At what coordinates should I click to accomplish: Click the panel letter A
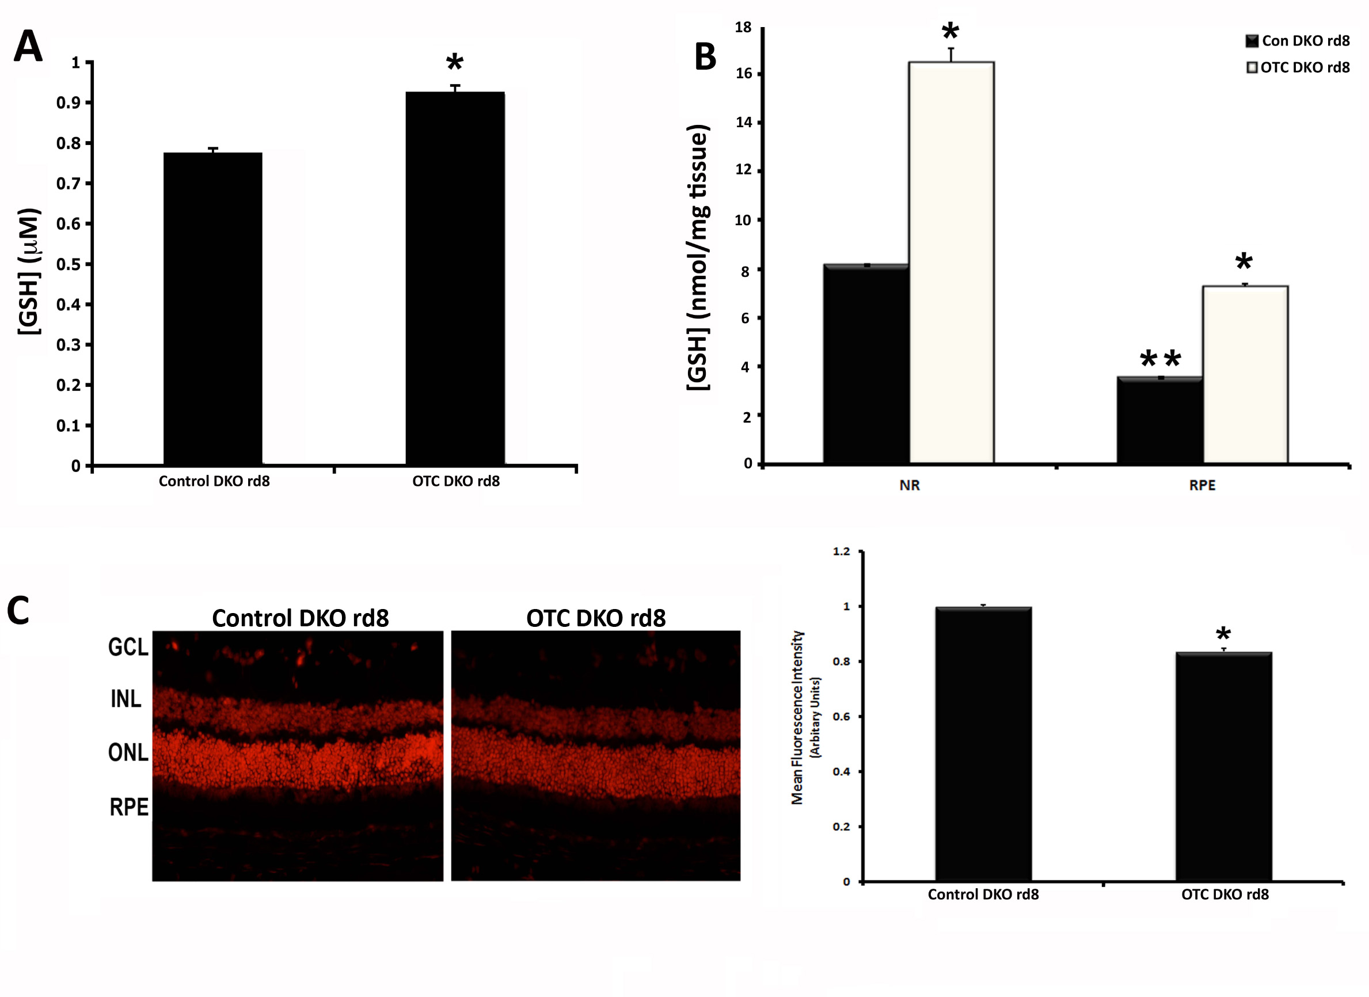[28, 47]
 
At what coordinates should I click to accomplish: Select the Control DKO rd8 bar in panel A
[212, 308]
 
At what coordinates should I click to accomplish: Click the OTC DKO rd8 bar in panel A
[455, 277]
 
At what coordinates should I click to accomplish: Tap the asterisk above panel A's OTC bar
[455, 62]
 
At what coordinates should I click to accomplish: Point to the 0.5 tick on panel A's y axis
[68, 264]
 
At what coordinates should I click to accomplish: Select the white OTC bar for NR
[951, 262]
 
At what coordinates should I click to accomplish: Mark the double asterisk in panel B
[1160, 360]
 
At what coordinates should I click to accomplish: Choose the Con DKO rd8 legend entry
[1298, 41]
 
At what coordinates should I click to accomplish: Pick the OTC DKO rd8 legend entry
[1298, 67]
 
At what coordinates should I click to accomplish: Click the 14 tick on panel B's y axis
[744, 123]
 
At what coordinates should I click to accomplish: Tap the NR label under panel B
[909, 485]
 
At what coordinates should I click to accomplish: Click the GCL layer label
[128, 647]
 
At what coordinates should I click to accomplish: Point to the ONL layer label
[128, 752]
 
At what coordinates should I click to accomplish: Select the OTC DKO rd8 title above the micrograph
[596, 618]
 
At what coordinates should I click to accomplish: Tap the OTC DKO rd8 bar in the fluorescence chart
[1223, 767]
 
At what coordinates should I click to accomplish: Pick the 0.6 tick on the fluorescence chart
[841, 716]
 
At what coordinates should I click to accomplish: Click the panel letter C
[18, 610]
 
